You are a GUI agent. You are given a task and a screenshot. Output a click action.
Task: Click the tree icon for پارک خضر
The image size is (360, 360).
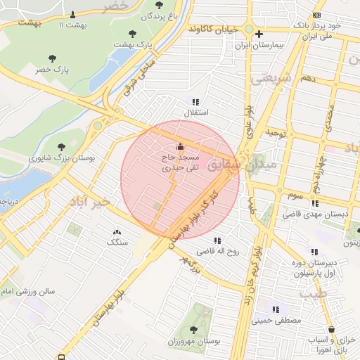pos(51,58)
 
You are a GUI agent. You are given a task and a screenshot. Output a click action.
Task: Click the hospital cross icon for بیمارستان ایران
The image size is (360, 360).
pos(259,34)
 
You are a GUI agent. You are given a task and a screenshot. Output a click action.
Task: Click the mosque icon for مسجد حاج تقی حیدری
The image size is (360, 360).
pos(181,147)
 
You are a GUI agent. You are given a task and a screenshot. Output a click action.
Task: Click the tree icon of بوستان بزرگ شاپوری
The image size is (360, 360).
pos(62,147)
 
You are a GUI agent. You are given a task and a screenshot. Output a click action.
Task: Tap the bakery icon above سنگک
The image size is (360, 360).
pos(117,231)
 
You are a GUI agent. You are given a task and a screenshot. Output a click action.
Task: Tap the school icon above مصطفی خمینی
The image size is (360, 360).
pos(276,309)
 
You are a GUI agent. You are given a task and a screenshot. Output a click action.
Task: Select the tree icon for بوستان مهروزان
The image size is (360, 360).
pos(193,329)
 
